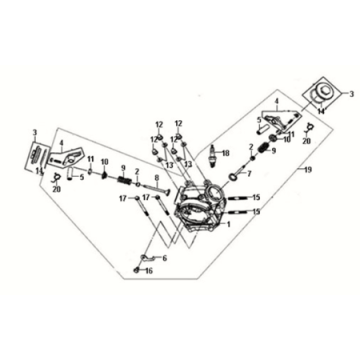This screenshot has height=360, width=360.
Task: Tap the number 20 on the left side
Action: [x=57, y=187]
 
